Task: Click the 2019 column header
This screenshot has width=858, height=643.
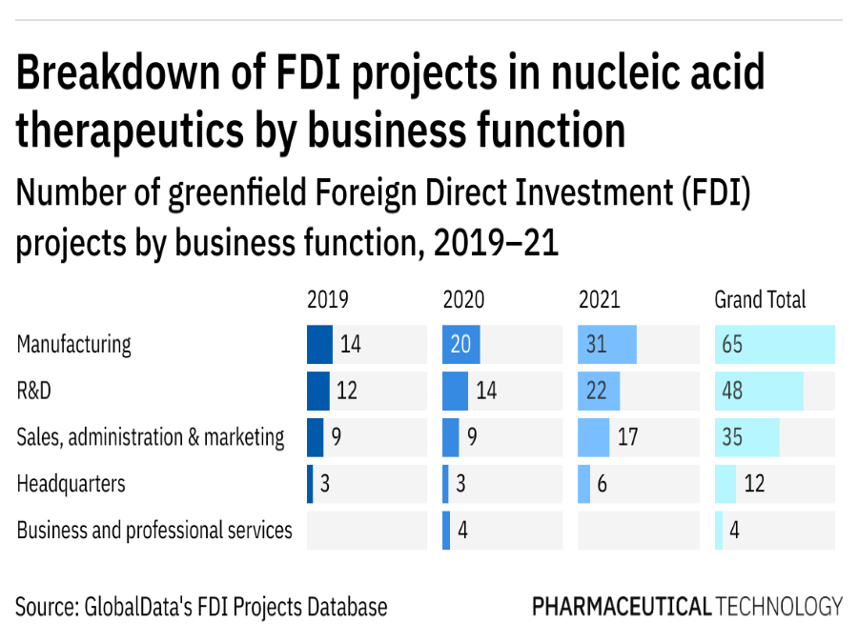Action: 327,300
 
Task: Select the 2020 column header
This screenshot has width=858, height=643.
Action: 463,300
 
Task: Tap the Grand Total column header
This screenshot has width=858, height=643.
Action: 760,300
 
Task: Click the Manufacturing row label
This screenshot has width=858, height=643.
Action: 73,344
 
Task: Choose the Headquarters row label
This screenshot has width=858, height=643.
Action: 71,484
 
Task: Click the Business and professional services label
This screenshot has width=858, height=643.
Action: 154,530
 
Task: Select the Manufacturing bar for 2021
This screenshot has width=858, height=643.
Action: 607,344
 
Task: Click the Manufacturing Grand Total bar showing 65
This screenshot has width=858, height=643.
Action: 774,344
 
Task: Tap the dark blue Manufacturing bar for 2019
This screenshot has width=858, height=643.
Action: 319,344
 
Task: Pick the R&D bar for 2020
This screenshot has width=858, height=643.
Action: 456,391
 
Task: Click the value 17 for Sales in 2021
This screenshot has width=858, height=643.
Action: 626,437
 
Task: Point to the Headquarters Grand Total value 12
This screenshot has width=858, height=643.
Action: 753,484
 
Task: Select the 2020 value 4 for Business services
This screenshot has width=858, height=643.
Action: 462,531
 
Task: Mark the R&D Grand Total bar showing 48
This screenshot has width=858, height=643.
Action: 759,391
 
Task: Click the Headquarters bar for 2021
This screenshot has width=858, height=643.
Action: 583,484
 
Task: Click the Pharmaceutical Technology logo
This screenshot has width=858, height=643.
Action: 686,606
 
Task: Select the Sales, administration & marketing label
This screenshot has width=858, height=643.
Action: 151,437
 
